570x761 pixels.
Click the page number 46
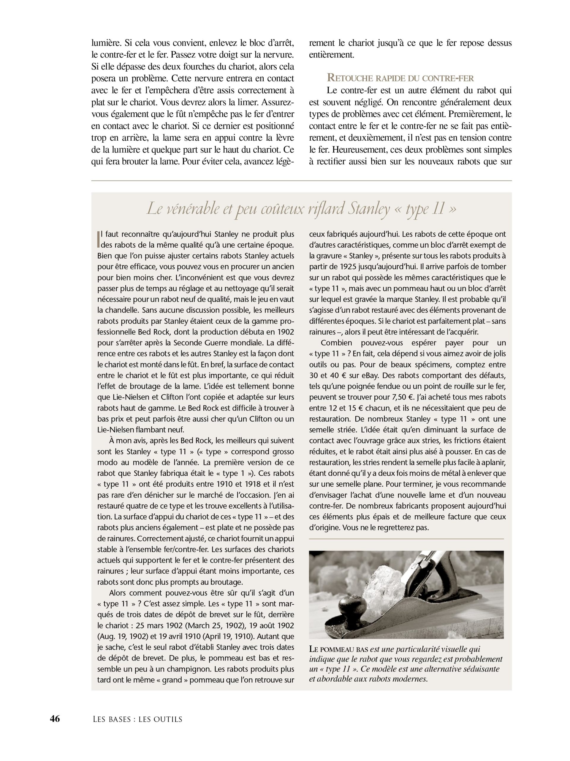(x=55, y=719)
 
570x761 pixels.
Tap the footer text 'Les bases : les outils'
(x=137, y=719)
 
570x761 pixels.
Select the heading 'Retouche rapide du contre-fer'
(x=400, y=78)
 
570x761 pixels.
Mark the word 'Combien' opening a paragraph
(x=336, y=343)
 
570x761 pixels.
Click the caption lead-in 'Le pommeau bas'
(x=338, y=649)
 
